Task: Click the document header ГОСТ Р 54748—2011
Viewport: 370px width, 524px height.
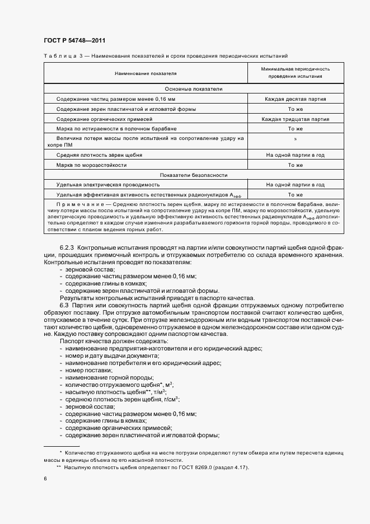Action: point(74,41)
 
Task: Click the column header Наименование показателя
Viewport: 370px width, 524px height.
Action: point(146,73)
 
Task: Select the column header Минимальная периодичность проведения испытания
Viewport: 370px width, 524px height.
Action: point(294,72)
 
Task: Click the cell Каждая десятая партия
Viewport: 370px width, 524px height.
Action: point(295,99)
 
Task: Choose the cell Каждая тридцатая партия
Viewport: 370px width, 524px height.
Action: point(295,119)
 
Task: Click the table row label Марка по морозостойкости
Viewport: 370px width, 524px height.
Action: point(92,165)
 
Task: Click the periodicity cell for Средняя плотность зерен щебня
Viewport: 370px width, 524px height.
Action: point(295,155)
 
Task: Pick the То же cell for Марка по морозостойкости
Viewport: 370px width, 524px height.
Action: point(295,165)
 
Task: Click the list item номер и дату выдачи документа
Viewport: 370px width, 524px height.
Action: point(111,356)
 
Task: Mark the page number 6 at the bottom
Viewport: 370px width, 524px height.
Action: point(45,479)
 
